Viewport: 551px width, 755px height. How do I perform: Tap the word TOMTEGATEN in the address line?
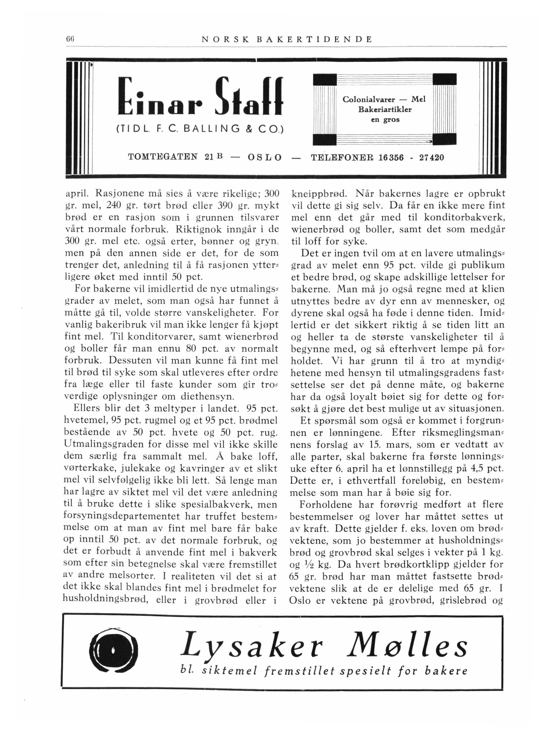tap(163, 157)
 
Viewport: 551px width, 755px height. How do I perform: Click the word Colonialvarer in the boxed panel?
tap(369, 99)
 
